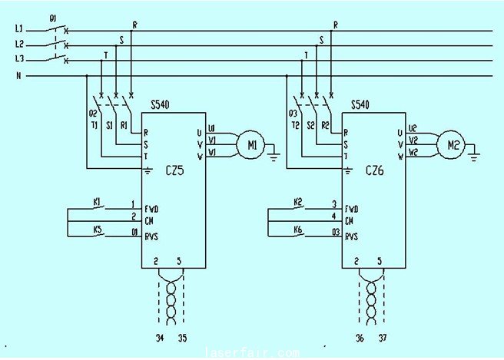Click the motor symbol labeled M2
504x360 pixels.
[449, 143]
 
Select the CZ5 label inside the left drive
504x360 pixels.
[174, 172]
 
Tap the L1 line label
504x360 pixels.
[19, 29]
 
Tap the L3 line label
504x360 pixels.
[19, 59]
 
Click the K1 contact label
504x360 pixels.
[97, 202]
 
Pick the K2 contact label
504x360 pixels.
[298, 202]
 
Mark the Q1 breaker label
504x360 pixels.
[52, 17]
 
